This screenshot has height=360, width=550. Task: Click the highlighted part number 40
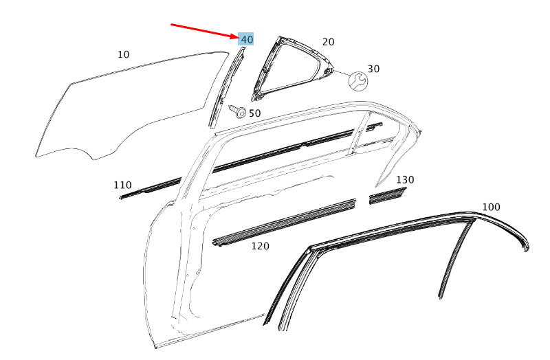point(247,39)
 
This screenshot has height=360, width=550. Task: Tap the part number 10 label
point(123,55)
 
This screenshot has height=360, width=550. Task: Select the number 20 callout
point(328,42)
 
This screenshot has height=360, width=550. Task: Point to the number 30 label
point(373,69)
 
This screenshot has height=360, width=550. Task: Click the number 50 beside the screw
point(255,113)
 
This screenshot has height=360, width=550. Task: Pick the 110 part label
point(123,185)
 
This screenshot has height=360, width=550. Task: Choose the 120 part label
point(261,246)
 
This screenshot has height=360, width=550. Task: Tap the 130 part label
point(405,180)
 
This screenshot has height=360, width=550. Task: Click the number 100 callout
point(491,207)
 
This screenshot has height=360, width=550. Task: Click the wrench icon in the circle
point(358,81)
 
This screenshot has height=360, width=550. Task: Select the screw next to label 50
point(237,111)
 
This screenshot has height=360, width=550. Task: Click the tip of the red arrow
point(238,37)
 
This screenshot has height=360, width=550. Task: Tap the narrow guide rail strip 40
point(225,88)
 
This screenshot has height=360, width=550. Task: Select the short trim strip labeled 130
point(388,196)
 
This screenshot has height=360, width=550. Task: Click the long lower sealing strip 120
point(284,223)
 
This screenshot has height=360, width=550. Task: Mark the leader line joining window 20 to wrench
point(341,74)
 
